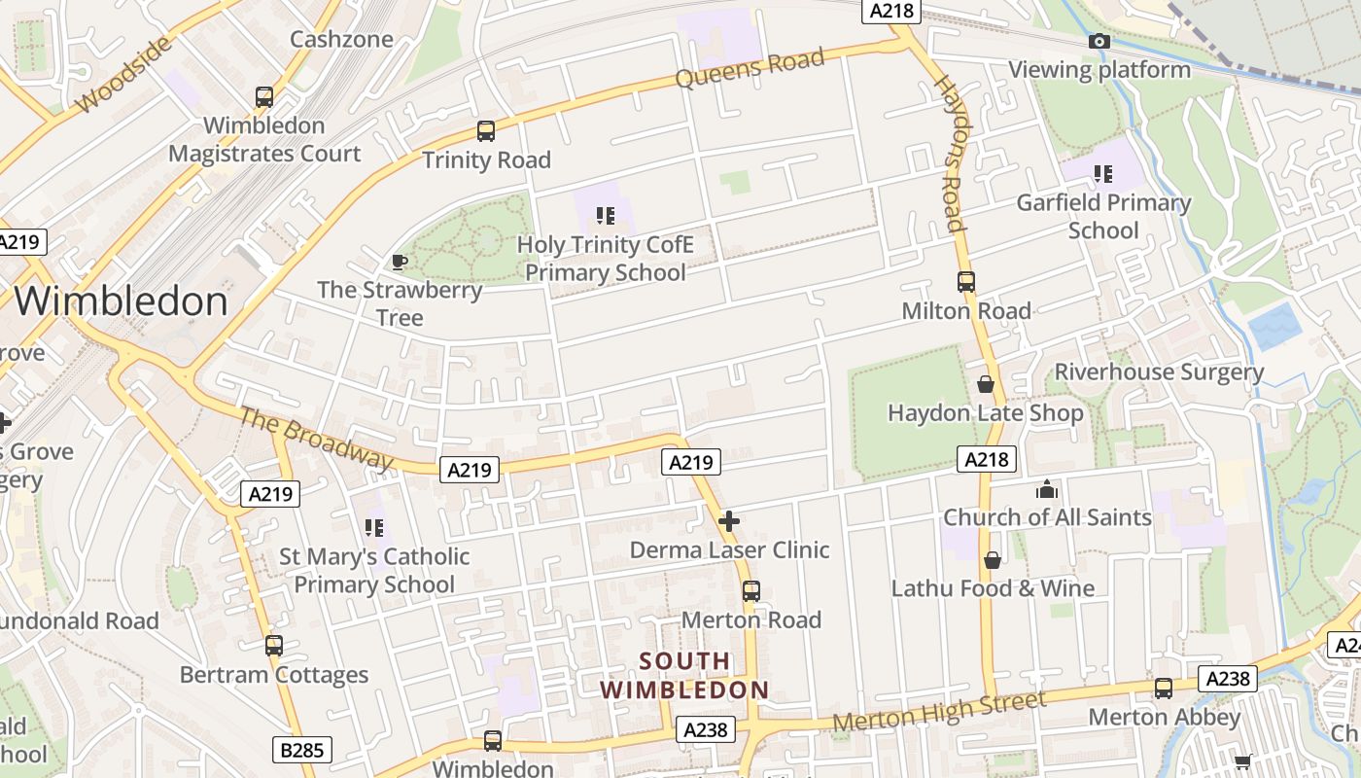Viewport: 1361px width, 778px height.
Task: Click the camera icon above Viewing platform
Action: tap(1099, 41)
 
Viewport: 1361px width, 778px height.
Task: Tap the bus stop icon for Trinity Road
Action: tap(486, 131)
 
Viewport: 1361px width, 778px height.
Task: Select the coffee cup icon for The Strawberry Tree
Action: tap(399, 261)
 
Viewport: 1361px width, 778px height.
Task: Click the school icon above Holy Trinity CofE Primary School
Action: tap(606, 215)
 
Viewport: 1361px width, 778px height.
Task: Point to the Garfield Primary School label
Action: tap(1103, 216)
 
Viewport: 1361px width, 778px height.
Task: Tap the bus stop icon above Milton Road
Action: tap(965, 282)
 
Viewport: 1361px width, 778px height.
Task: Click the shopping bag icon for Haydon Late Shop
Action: tap(986, 384)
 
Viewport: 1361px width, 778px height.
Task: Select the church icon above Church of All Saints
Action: tap(1047, 488)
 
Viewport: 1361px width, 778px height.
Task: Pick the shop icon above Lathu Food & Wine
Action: tap(993, 560)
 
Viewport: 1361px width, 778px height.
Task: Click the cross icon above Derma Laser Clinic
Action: tap(729, 521)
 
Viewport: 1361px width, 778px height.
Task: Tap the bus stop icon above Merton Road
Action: tap(751, 591)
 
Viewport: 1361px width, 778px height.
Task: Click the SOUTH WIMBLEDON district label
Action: tap(684, 675)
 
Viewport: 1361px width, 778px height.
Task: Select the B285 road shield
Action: tap(301, 750)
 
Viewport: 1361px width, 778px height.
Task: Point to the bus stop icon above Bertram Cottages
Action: tap(274, 646)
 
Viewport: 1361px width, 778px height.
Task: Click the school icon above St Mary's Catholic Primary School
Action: tap(374, 528)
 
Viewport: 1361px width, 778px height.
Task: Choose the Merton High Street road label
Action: tap(940, 712)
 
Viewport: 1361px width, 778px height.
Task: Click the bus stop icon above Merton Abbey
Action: tap(1164, 689)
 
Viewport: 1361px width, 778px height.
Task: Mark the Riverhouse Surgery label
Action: tap(1159, 371)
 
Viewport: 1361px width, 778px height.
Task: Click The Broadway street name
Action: tap(316, 439)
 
